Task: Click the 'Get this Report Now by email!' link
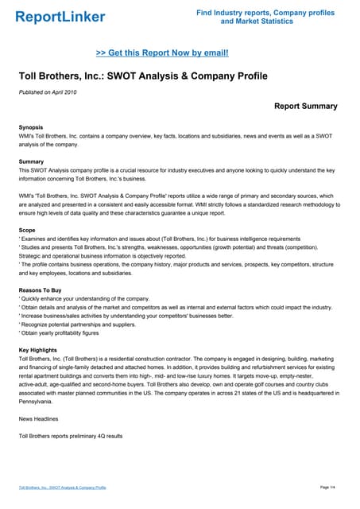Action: [162, 52]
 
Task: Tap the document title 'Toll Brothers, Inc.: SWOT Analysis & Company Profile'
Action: [143, 76]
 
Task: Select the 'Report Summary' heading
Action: [305, 106]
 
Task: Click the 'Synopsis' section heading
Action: [31, 127]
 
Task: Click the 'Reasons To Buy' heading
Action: [40, 290]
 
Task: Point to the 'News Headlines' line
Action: [40, 418]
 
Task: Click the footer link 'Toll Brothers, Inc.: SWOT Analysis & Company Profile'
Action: [63, 487]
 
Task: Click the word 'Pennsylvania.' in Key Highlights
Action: [40, 402]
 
